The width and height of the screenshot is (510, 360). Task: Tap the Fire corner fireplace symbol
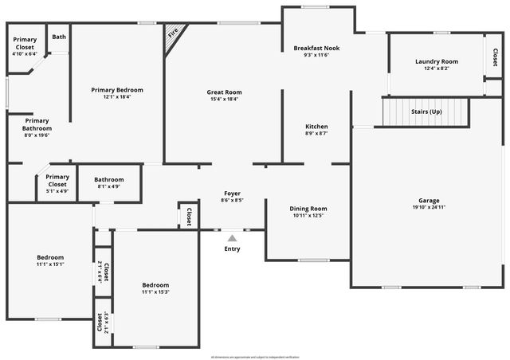coord(173,37)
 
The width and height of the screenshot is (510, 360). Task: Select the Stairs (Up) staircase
coord(426,112)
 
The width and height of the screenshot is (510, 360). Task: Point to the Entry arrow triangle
coord(232,237)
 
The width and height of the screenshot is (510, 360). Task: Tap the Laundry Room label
coord(437,61)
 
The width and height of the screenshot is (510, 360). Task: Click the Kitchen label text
coord(316,127)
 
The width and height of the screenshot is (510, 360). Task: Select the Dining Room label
coord(308,209)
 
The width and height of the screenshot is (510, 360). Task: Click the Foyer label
coord(232,193)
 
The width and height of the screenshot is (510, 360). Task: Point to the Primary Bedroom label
coord(116,90)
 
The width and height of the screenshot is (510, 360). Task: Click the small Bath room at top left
coord(59,37)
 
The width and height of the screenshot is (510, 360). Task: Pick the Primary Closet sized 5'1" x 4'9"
coord(57,181)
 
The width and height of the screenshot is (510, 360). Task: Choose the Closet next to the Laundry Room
coord(495,57)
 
